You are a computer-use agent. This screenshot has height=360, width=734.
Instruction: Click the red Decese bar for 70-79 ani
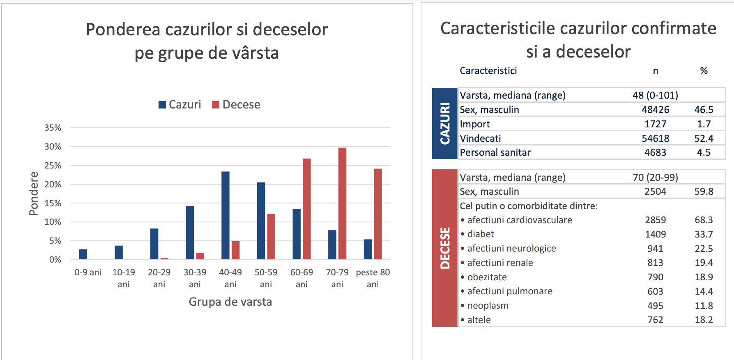pyautogui.click(x=342, y=203)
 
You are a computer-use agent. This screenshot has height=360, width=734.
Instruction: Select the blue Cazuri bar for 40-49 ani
pyautogui.click(x=225, y=215)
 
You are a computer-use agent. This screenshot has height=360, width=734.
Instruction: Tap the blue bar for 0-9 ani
pyautogui.click(x=83, y=254)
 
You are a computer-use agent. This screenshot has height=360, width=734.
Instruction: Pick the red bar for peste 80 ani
pyautogui.click(x=378, y=214)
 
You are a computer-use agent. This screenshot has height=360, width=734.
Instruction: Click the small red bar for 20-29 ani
pyautogui.click(x=164, y=258)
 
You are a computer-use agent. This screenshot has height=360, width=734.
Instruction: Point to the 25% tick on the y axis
pyautogui.click(x=53, y=166)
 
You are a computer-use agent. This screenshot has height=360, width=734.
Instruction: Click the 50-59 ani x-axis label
pyautogui.click(x=266, y=278)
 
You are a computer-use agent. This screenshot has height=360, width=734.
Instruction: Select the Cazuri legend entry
pyautogui.click(x=180, y=105)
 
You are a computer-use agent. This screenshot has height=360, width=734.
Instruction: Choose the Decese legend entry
pyautogui.click(x=236, y=105)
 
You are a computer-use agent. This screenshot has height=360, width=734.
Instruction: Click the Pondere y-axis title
pyautogui.click(x=34, y=194)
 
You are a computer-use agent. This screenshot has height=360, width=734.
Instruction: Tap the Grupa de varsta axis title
pyautogui.click(x=230, y=302)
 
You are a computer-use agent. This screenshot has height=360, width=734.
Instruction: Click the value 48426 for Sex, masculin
pyautogui.click(x=655, y=110)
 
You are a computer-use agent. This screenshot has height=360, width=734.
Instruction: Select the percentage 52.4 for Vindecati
pyautogui.click(x=704, y=138)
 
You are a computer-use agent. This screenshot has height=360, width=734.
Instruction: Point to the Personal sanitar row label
pyautogui.click(x=495, y=152)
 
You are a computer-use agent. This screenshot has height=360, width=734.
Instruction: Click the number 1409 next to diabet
pyautogui.click(x=655, y=234)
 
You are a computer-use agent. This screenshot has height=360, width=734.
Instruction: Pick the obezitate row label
pyautogui.click(x=487, y=277)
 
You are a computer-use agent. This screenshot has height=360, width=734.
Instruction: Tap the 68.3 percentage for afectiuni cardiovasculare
pyautogui.click(x=704, y=220)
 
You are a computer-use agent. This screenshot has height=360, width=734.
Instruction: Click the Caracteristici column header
pyautogui.click(x=488, y=71)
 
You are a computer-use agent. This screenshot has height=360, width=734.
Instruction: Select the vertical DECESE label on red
pyautogui.click(x=445, y=248)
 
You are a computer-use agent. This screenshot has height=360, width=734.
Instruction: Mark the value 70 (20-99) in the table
pyautogui.click(x=655, y=177)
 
